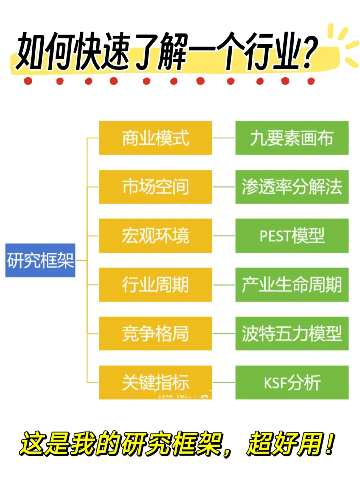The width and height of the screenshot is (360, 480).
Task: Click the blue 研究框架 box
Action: (40, 260)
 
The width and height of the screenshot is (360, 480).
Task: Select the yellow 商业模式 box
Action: (155, 138)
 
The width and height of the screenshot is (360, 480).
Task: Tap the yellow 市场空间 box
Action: (155, 187)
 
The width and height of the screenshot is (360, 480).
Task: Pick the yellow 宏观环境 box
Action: (155, 236)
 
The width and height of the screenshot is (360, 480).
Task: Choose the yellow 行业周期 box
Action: (155, 284)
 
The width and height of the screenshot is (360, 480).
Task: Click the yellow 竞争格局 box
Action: (155, 333)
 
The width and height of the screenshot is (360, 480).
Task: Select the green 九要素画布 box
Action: (292, 138)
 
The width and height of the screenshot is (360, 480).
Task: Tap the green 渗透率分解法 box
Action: (292, 187)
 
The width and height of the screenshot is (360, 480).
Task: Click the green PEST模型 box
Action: (292, 236)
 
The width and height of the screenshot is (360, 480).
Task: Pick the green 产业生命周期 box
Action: (292, 284)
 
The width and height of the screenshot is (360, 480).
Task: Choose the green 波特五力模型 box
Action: (292, 333)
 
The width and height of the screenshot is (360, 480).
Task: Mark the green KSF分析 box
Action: (292, 382)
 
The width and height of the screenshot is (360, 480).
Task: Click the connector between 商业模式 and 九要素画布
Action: (224, 138)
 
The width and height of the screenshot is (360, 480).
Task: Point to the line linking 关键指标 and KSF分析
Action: (224, 382)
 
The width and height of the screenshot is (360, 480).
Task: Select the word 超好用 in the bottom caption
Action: (285, 444)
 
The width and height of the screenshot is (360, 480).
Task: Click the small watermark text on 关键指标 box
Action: (183, 397)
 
